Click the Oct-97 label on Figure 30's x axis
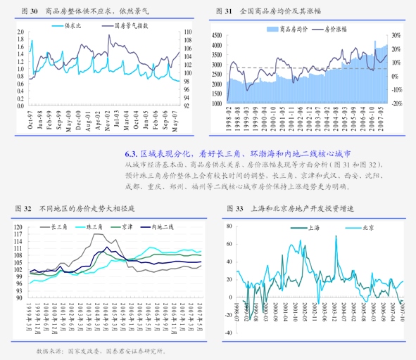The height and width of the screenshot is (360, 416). coord(30,121)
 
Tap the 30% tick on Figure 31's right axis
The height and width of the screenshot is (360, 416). coord(396,35)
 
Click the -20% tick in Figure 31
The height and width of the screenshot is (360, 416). coord(396,103)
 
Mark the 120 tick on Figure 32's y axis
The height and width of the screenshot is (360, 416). coord(18,227)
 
